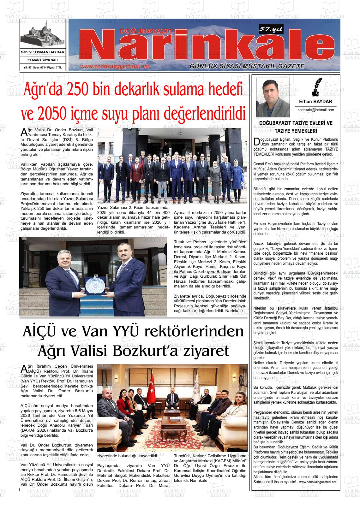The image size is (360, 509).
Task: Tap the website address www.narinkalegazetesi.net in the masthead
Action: point(114,67)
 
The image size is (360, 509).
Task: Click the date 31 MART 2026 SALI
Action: point(43,60)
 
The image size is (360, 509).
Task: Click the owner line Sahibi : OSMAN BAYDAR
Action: point(43,52)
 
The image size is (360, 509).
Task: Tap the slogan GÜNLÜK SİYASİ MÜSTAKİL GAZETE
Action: point(247,66)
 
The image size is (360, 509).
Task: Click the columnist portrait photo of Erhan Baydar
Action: point(268,98)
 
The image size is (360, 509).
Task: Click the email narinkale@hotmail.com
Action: point(315,110)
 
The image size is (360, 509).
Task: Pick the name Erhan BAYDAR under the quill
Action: point(315,102)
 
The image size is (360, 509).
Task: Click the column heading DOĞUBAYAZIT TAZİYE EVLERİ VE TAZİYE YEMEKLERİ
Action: point(296,127)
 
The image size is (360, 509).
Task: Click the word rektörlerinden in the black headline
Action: point(193,332)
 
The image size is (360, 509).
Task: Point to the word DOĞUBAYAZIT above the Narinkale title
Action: point(146,31)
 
